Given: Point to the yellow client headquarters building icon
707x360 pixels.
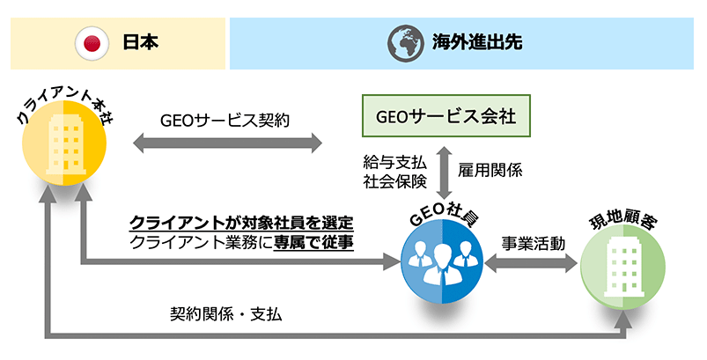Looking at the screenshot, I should click(63, 151).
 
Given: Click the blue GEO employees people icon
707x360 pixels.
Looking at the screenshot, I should click(441, 261).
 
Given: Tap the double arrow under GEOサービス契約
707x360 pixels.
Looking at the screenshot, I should click(225, 142).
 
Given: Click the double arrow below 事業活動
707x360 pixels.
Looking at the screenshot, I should click(533, 261).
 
